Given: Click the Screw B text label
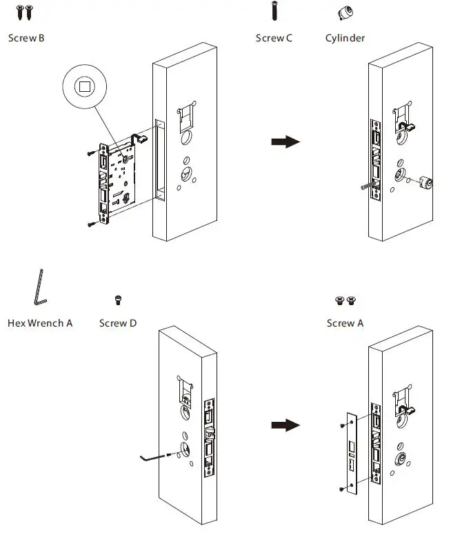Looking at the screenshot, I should [26, 38].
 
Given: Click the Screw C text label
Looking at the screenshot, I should [274, 38].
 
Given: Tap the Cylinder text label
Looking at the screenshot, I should [345, 38].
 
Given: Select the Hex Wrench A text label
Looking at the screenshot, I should [40, 322].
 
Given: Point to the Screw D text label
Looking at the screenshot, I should [117, 322].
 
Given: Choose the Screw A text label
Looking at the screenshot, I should [345, 322].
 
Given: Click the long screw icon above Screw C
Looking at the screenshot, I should [274, 13].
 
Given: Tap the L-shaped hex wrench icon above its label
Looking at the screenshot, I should [39, 287].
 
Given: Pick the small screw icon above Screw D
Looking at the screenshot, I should [117, 300].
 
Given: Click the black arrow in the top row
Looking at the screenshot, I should [285, 142].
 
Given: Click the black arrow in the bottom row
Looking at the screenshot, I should [285, 425].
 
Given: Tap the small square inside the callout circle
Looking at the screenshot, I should [85, 87].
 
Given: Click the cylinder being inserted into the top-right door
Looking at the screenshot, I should [424, 183].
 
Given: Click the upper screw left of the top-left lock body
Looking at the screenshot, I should [92, 153].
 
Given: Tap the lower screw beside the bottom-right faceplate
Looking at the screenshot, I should [343, 489].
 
